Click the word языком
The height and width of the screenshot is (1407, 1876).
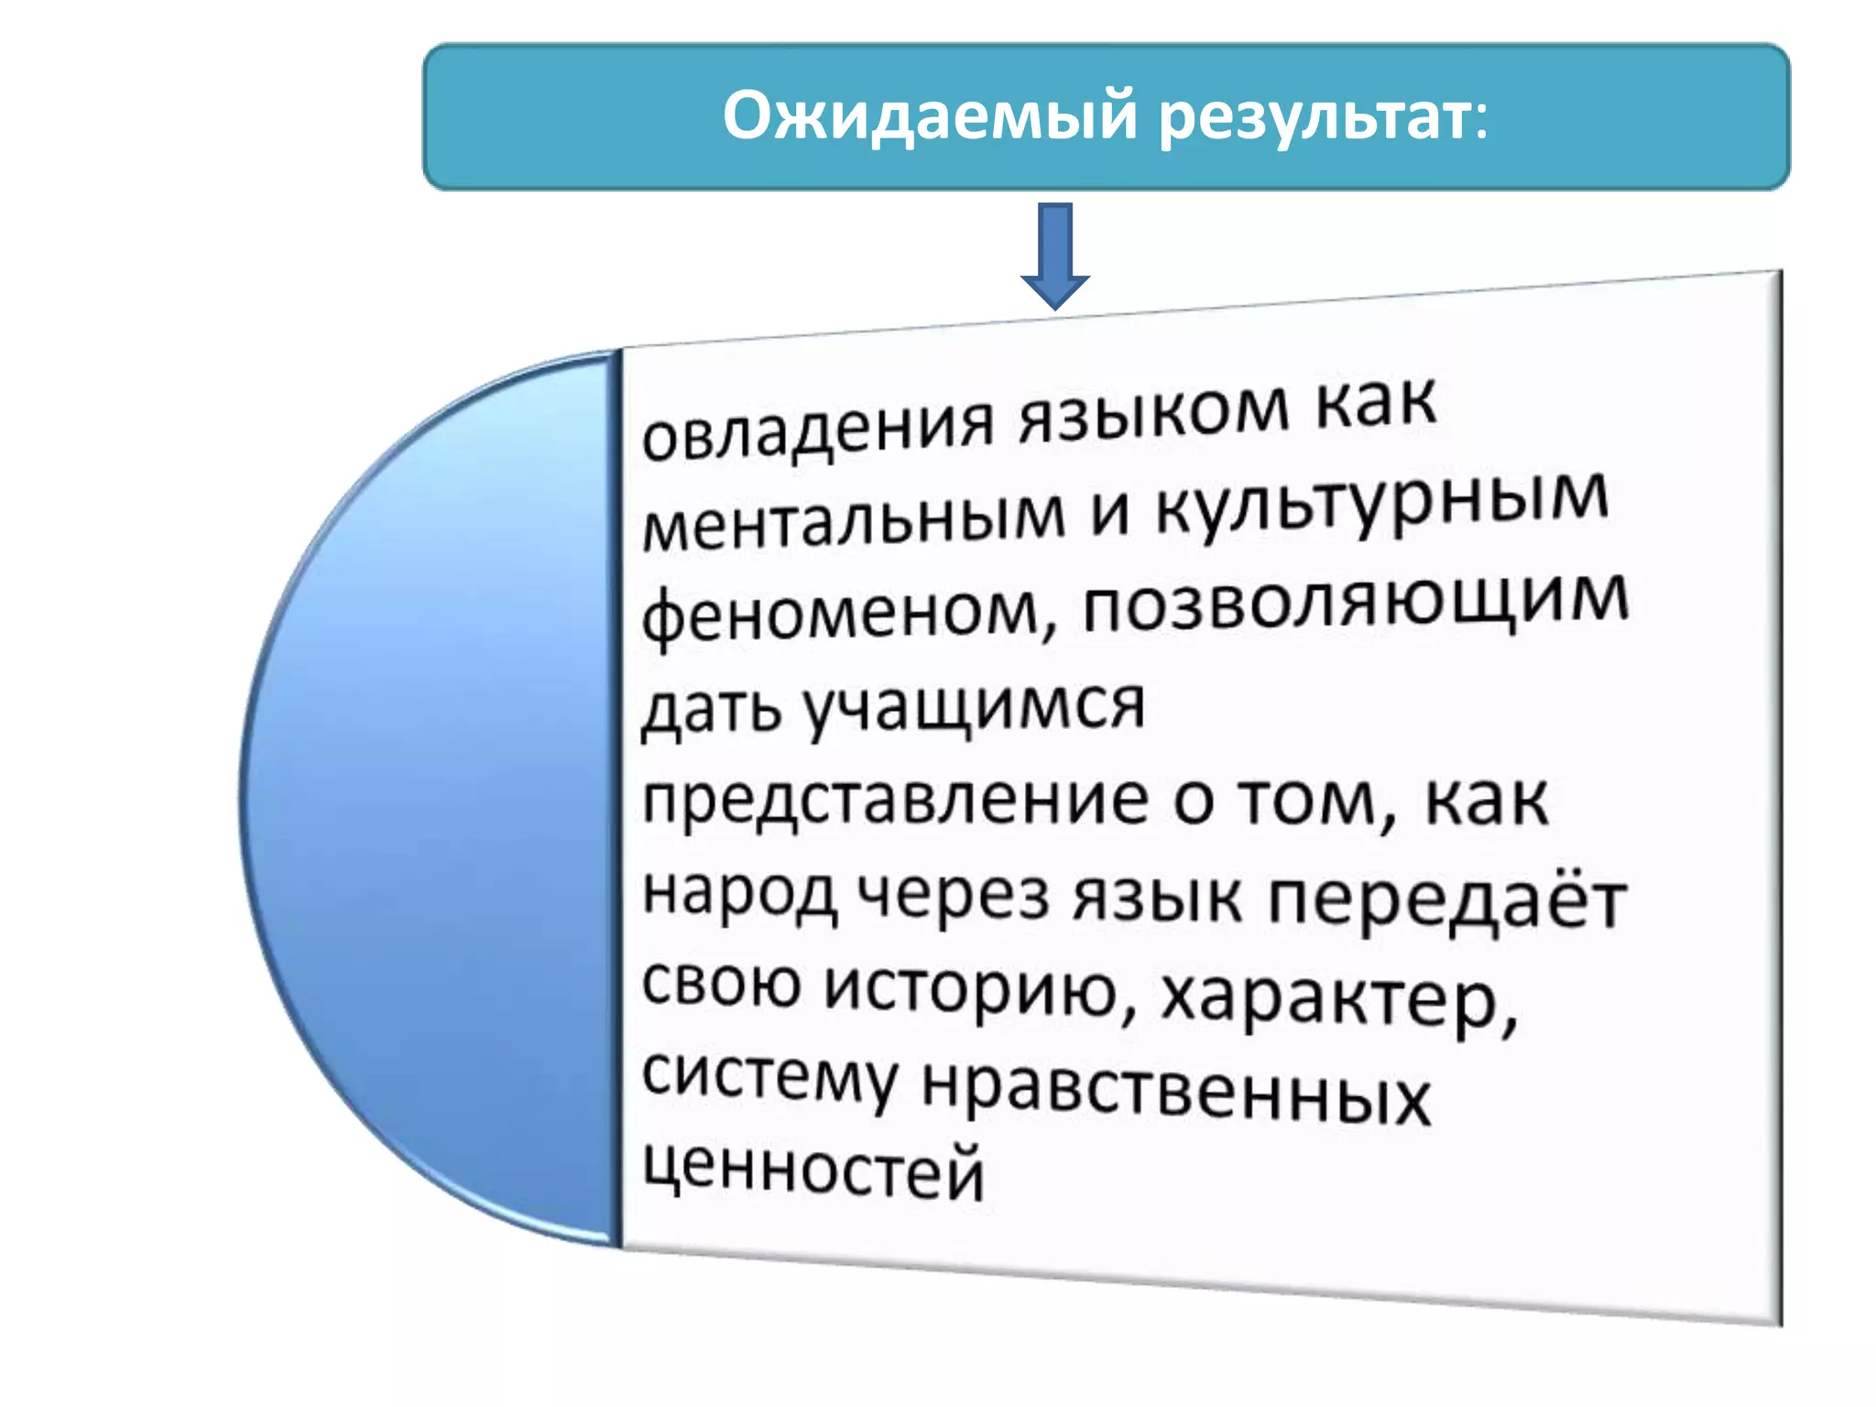(1154, 412)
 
